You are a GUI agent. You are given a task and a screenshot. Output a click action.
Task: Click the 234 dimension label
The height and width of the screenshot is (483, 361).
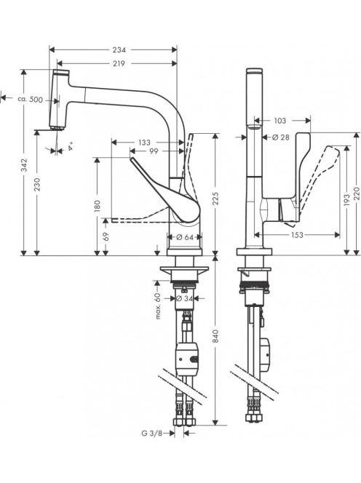point(119,49)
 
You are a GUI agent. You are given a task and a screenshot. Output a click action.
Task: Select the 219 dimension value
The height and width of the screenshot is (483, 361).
point(119,63)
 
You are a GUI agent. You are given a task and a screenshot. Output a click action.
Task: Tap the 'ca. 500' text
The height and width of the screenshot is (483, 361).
point(31,100)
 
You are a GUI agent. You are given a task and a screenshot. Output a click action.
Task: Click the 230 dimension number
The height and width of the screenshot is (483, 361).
point(37,184)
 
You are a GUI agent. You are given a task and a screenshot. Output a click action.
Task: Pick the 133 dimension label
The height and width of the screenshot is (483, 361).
point(144,143)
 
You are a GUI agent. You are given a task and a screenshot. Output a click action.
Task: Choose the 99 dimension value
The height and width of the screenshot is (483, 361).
point(154,151)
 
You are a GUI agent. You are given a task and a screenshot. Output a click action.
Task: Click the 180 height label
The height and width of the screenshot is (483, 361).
point(98,206)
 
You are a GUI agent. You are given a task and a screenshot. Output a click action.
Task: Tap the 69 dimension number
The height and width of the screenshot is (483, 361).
point(106,236)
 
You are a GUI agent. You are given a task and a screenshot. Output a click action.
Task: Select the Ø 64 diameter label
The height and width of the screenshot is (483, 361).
point(185,237)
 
